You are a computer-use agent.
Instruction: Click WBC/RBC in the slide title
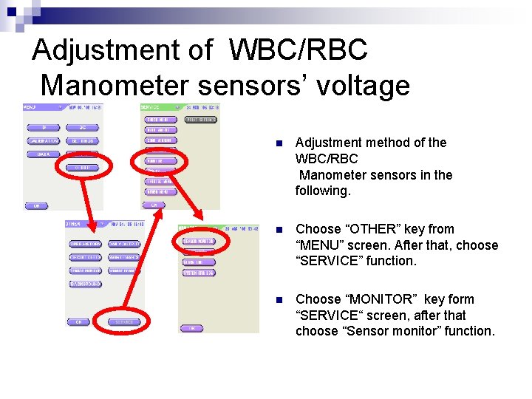pyautogui.click(x=298, y=51)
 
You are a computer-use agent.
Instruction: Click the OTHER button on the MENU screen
pyautogui.click(x=82, y=168)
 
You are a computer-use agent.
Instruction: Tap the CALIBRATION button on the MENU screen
pyautogui.click(x=43, y=140)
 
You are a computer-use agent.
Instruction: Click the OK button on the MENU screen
pyautogui.click(x=34, y=205)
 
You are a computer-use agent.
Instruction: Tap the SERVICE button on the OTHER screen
pyautogui.click(x=123, y=322)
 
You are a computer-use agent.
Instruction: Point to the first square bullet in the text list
pyautogui.click(x=278, y=143)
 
